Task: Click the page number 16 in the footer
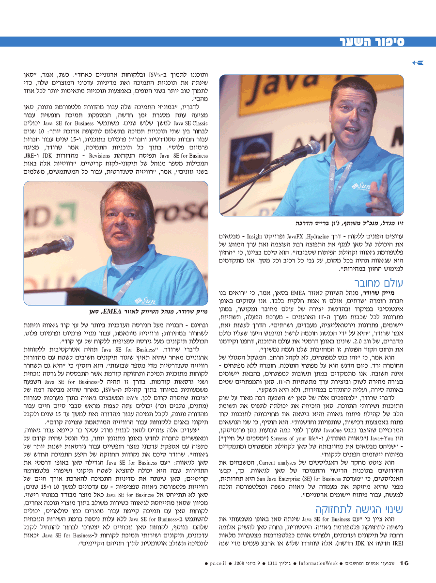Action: click(404, 563)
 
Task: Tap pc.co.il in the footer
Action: click(219, 564)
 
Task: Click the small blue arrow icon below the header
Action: click(417, 63)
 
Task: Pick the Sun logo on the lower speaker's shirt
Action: click(141, 298)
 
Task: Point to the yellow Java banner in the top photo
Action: click(247, 97)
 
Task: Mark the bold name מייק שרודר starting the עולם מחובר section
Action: click(392, 293)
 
